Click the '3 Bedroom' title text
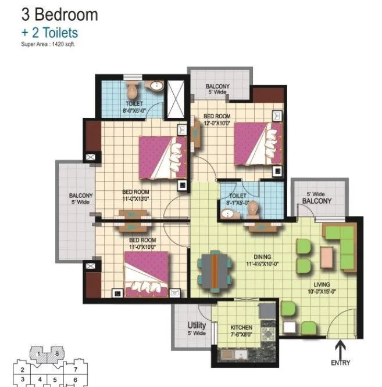tap(52, 15)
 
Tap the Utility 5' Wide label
tap(197, 329)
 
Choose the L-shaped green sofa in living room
tap(340, 247)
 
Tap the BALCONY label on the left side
tap(80, 199)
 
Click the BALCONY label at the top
tap(217, 89)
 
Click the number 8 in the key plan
tap(57, 353)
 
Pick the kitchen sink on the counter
tap(237, 355)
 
